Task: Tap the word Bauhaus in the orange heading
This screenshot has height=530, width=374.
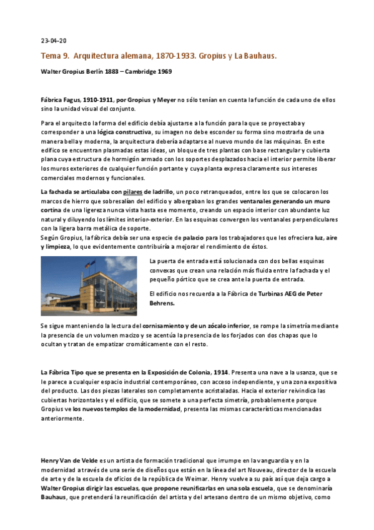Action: pos(259,56)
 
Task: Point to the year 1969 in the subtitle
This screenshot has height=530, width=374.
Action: pos(164,71)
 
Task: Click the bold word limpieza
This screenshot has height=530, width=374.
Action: pos(58,247)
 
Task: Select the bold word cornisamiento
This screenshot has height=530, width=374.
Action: pos(167,326)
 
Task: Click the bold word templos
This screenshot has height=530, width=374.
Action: pos(117,409)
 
